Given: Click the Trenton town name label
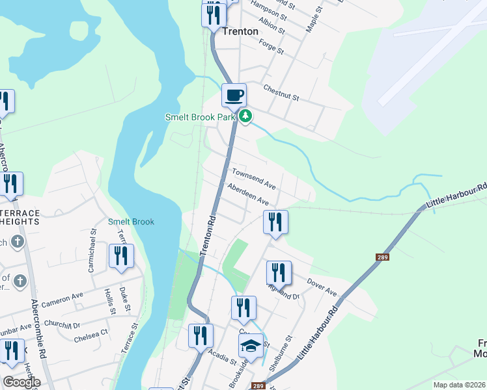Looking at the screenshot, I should [x=240, y=31].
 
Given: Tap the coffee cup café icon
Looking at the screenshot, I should [x=234, y=96].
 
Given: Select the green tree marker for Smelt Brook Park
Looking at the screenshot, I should [x=245, y=117].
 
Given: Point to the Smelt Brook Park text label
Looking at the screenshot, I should [x=199, y=117].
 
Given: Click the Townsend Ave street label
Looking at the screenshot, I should [x=255, y=180].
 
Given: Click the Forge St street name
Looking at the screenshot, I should [x=271, y=46].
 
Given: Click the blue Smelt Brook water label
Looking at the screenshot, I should [x=131, y=222].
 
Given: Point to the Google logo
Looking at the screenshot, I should [x=21, y=382].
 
